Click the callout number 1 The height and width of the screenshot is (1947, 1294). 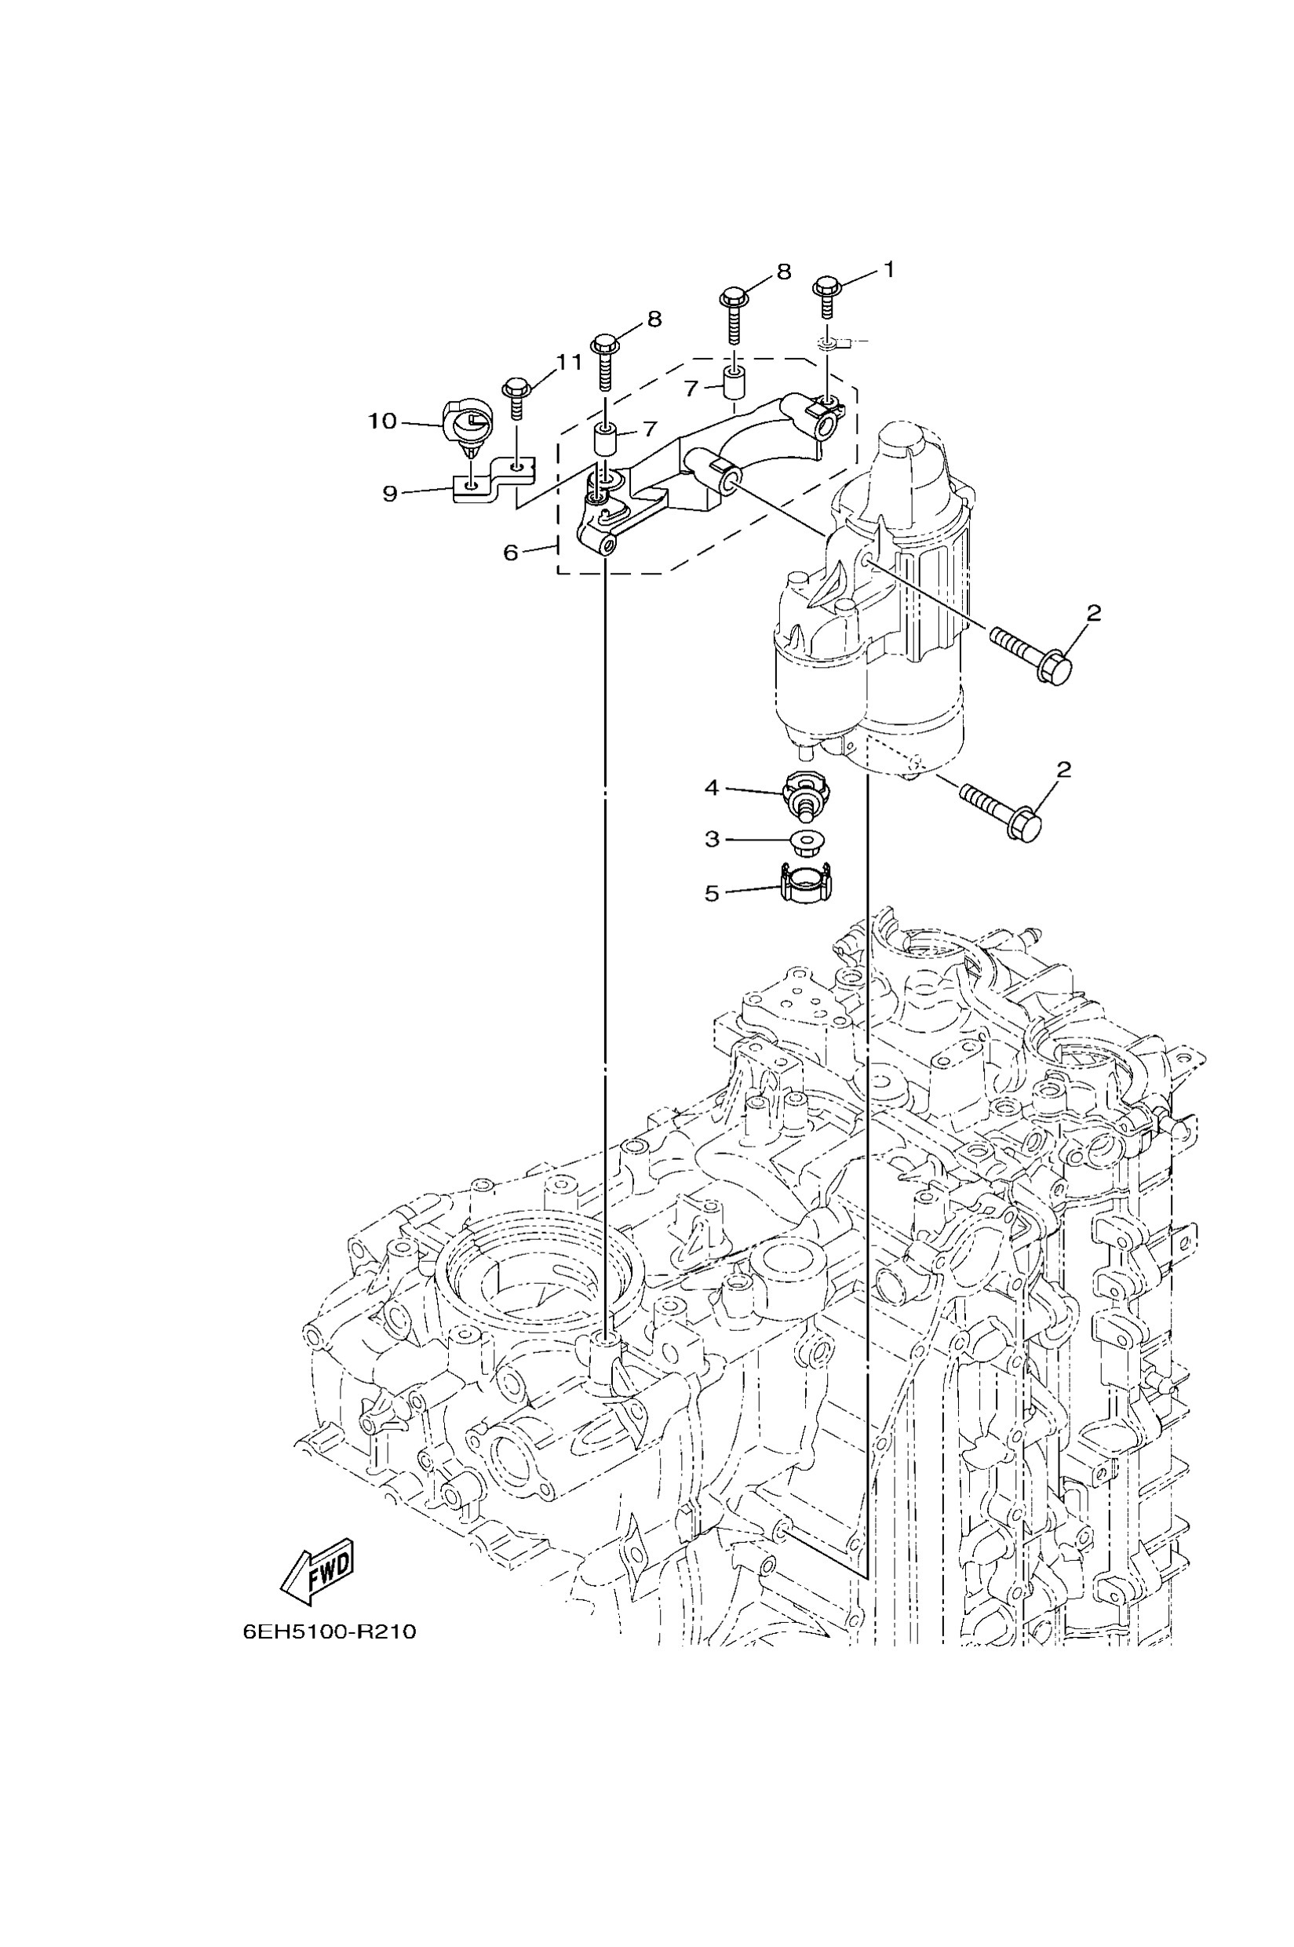(888, 269)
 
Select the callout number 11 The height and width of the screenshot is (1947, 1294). (568, 362)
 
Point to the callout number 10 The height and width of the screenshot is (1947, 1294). (382, 421)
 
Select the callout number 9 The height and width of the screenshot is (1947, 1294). (390, 494)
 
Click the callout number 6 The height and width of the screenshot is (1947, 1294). (511, 552)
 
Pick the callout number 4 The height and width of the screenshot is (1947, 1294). (712, 788)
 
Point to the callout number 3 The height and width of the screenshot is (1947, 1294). (713, 840)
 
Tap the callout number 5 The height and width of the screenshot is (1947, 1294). (712, 894)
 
